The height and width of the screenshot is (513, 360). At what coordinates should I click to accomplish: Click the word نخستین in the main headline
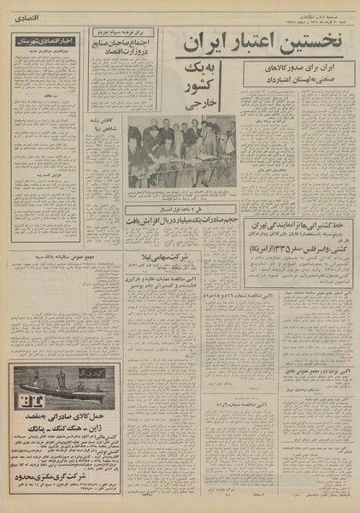click(x=309, y=42)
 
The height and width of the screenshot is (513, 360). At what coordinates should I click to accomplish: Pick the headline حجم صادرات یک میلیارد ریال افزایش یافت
click(x=180, y=221)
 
